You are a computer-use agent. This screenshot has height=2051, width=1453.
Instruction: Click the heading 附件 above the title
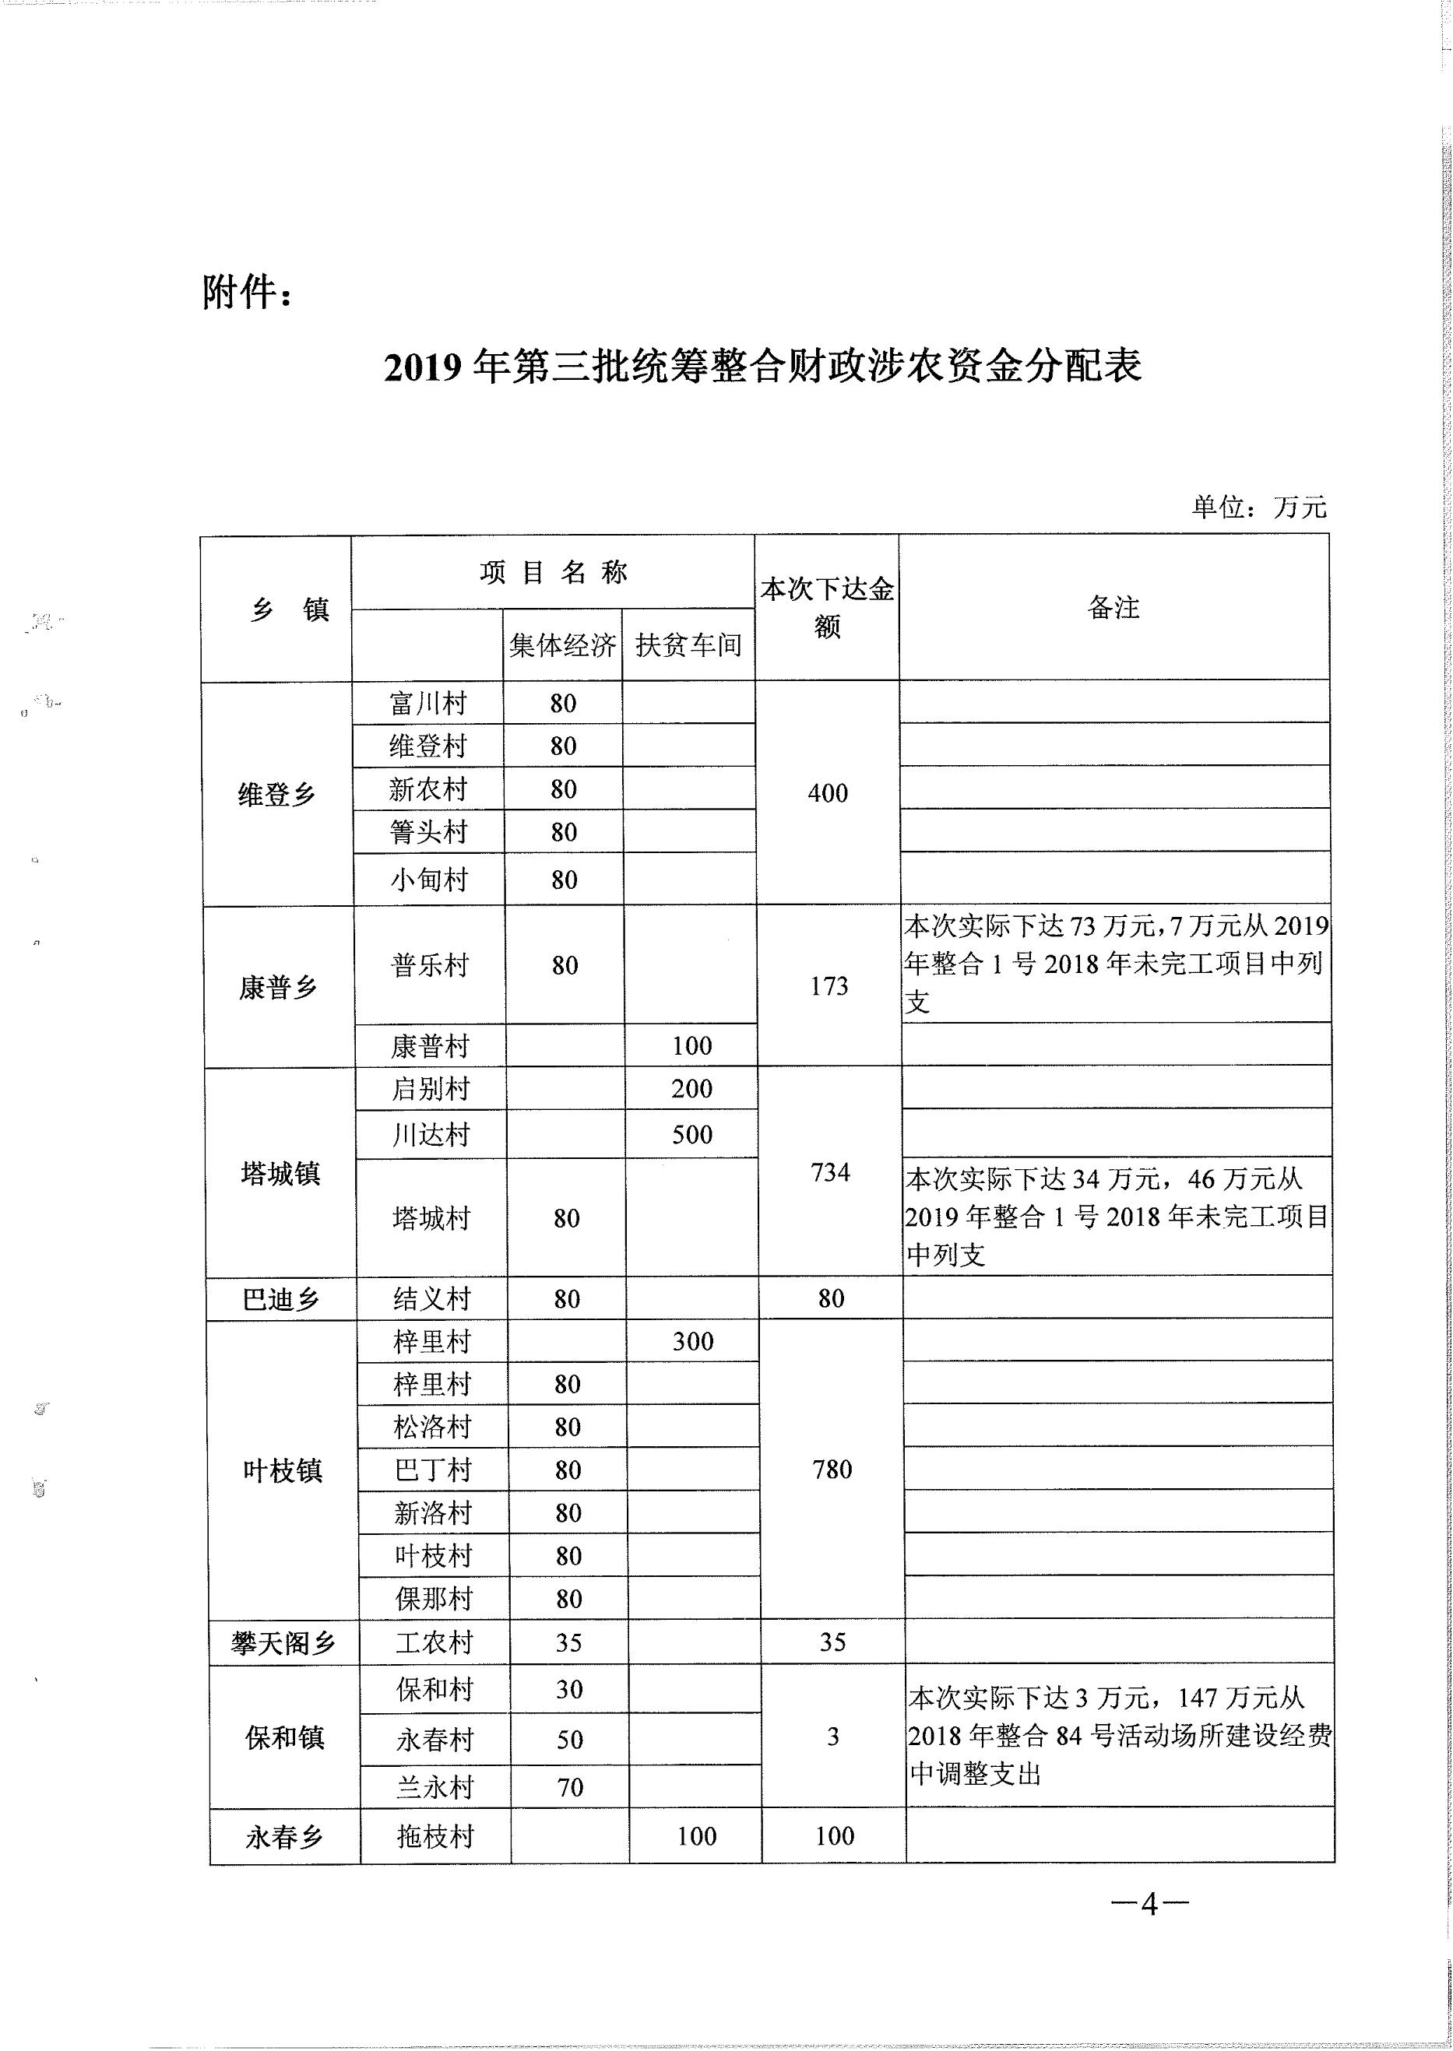click(x=246, y=293)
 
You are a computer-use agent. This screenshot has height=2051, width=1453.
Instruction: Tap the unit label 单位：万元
click(x=1259, y=507)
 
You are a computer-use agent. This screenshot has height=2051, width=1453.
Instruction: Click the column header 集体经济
click(x=563, y=645)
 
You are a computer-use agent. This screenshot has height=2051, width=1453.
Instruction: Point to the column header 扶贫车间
click(x=689, y=645)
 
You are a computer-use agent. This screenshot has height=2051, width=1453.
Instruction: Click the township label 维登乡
click(x=277, y=794)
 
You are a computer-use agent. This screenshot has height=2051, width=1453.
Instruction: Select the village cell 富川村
click(x=427, y=703)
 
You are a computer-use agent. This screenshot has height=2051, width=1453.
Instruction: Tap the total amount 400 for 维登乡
click(x=828, y=792)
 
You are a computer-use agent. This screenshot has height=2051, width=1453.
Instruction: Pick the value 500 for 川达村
click(x=692, y=1134)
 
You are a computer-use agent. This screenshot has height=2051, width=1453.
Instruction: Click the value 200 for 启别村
click(x=692, y=1089)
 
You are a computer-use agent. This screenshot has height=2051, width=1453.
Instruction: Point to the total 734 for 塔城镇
click(x=830, y=1171)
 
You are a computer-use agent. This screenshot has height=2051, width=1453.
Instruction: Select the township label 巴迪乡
click(x=281, y=1299)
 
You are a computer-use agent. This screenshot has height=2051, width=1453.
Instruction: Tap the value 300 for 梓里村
click(x=693, y=1342)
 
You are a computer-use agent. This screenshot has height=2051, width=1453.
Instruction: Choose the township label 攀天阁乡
click(x=283, y=1643)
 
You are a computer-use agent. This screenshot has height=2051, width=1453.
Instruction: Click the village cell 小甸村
click(x=428, y=880)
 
